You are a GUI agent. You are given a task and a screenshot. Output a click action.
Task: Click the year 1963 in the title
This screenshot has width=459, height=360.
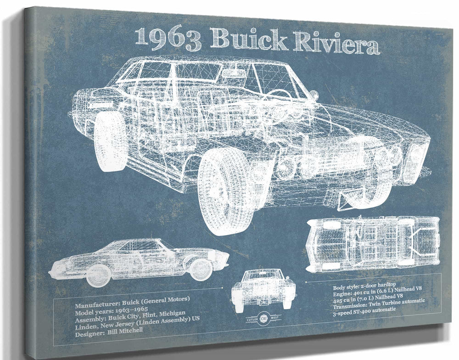point(168,39)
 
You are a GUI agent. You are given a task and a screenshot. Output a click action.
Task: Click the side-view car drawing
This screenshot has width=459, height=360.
point(140,259)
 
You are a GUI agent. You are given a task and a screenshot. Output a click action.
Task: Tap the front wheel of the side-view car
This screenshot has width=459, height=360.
point(201,269)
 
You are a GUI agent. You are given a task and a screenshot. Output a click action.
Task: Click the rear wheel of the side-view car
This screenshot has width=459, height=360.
point(98,275)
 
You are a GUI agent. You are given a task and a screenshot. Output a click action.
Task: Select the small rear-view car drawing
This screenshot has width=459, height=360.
point(263,288)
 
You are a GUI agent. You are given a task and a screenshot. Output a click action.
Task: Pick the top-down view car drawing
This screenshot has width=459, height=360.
point(373,244)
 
